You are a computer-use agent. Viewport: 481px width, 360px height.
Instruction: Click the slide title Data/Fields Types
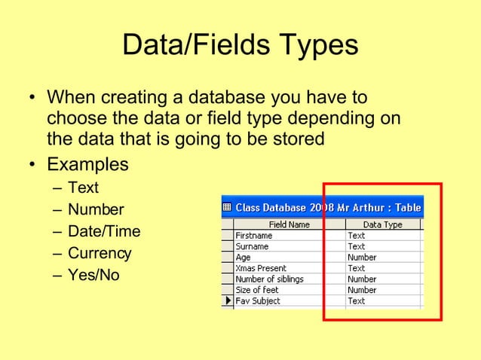(x=240, y=46)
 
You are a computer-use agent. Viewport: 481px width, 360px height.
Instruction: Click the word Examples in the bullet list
(x=87, y=164)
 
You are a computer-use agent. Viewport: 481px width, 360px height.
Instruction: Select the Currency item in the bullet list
(x=100, y=253)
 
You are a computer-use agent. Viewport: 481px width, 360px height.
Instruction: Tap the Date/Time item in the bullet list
(x=104, y=231)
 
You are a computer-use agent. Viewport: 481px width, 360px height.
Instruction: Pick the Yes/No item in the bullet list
(x=93, y=275)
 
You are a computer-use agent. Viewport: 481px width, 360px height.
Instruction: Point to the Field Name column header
(x=290, y=224)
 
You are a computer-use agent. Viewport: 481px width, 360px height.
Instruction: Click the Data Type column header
(x=383, y=224)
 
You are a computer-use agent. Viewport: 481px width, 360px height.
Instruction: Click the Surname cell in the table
(x=252, y=246)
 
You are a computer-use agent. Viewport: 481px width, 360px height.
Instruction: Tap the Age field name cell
(x=244, y=257)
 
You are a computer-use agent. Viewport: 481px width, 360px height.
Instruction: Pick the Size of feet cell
(x=258, y=290)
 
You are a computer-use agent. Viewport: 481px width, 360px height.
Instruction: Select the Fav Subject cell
(x=258, y=301)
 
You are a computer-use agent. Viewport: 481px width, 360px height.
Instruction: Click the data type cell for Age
(x=362, y=257)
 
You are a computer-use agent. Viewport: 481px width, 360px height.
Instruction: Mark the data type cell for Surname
(x=357, y=246)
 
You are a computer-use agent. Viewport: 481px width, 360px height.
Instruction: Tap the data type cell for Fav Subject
(x=357, y=301)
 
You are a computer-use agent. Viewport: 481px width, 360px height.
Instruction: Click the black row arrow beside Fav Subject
(x=227, y=301)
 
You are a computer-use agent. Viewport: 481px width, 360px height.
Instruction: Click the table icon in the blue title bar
(x=227, y=207)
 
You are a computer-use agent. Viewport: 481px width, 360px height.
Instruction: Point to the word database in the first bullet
(x=211, y=99)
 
